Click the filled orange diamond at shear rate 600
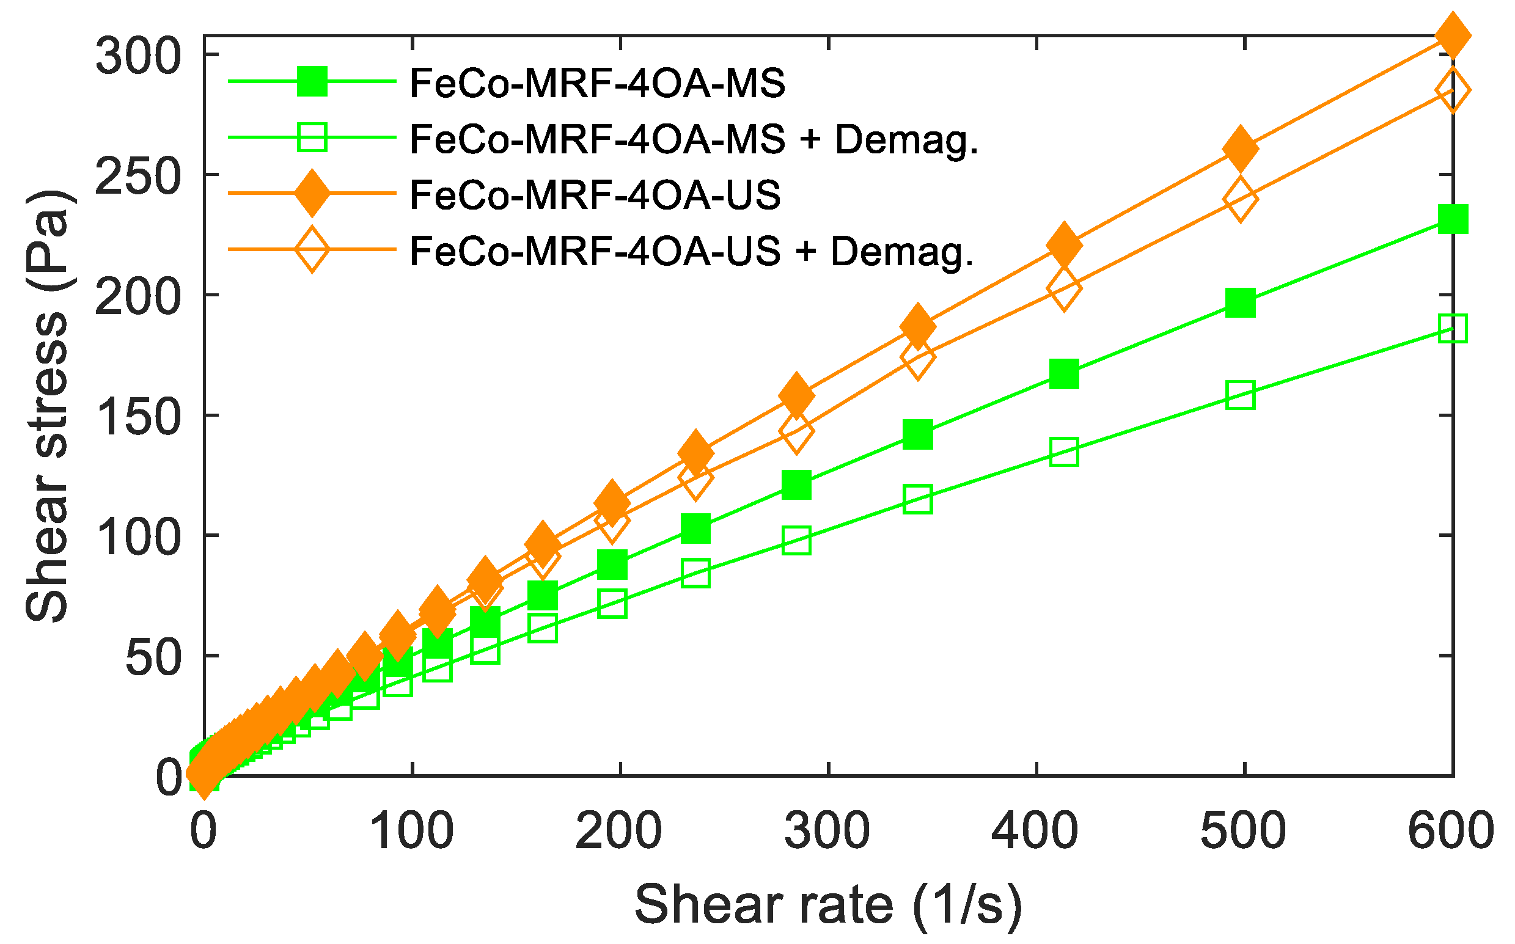pyautogui.click(x=1453, y=36)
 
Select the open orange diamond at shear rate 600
pyautogui.click(x=1453, y=90)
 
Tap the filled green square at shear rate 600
pyautogui.click(x=1453, y=219)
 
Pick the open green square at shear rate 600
pyautogui.click(x=1453, y=328)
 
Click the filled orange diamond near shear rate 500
pyautogui.click(x=1240, y=148)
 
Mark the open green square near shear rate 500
pyautogui.click(x=1240, y=395)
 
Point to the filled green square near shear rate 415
pyautogui.click(x=1064, y=374)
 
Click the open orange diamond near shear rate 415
pyautogui.click(x=1064, y=288)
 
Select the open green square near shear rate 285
pyautogui.click(x=796, y=541)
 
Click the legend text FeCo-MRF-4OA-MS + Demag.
pyautogui.click(x=693, y=139)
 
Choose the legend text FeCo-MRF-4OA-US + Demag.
pyautogui.click(x=691, y=251)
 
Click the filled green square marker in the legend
pyautogui.click(x=312, y=81)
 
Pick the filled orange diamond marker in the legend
pyautogui.click(x=312, y=194)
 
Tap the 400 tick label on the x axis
pyautogui.click(x=1035, y=832)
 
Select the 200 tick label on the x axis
pyautogui.click(x=619, y=832)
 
